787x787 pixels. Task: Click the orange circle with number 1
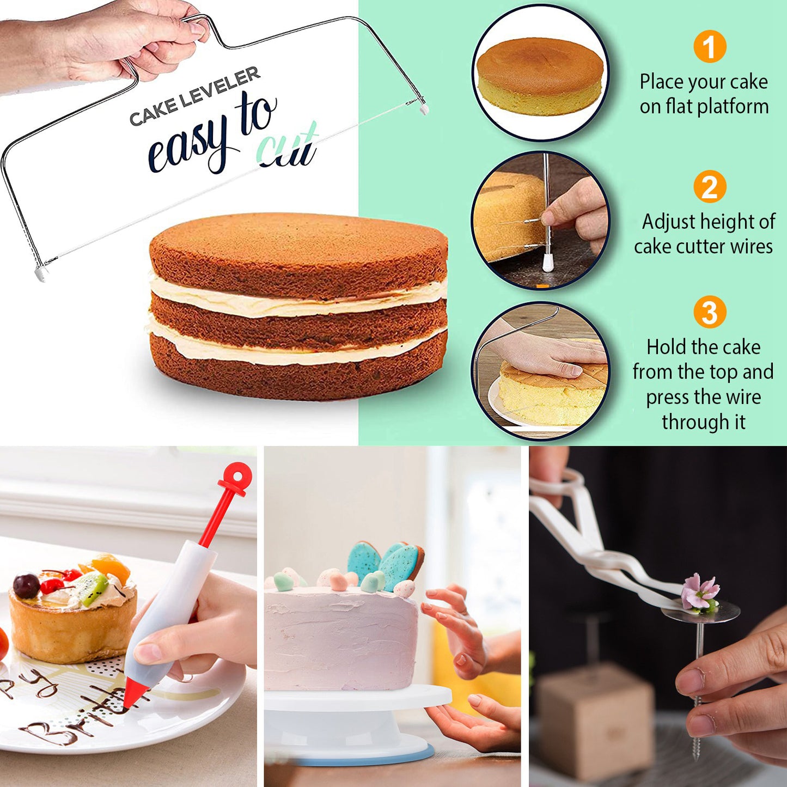pyautogui.click(x=709, y=47)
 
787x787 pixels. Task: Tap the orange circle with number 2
pyautogui.click(x=709, y=187)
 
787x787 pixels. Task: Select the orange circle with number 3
pyautogui.click(x=709, y=312)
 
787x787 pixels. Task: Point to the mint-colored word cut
pyautogui.click(x=287, y=148)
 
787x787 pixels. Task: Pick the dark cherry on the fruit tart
pyautogui.click(x=26, y=585)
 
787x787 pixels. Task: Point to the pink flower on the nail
pyautogui.click(x=700, y=592)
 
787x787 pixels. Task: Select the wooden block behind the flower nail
pyautogui.click(x=596, y=719)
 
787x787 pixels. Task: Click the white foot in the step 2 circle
pyautogui.click(x=548, y=263)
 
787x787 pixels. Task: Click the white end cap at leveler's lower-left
pyautogui.click(x=41, y=272)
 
